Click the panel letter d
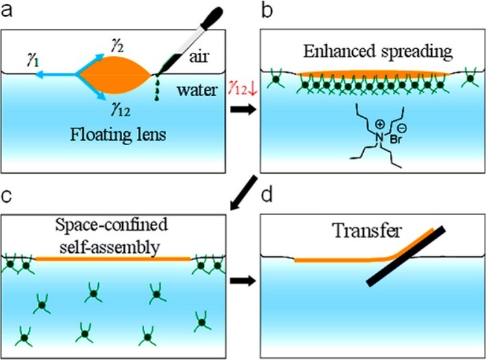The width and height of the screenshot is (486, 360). (x=267, y=195)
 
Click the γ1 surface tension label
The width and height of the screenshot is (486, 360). (x=33, y=60)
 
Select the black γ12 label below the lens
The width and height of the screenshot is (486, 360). (x=120, y=109)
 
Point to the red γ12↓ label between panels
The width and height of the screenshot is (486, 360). (x=243, y=89)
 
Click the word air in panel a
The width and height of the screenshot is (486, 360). (x=198, y=56)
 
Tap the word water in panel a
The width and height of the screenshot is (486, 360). (x=197, y=90)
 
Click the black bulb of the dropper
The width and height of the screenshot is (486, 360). (x=211, y=16)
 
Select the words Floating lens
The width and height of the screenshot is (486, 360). (x=118, y=135)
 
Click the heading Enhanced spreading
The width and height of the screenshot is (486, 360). (x=378, y=52)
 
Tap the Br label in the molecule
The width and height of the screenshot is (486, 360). (x=395, y=139)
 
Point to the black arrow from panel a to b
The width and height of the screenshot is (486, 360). (x=243, y=110)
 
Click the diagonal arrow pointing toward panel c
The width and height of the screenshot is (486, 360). (x=244, y=193)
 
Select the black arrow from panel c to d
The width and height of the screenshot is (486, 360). (x=243, y=281)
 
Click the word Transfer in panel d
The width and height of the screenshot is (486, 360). (x=367, y=231)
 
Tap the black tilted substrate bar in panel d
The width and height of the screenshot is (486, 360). (x=406, y=256)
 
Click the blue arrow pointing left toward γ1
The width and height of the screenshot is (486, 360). (x=55, y=75)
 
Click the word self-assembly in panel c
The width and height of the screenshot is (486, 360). (x=110, y=247)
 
